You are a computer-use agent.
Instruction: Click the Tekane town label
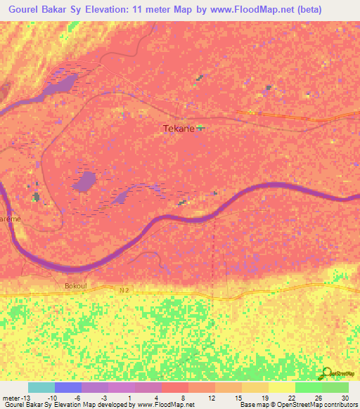[177, 128]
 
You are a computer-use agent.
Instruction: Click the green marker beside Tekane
[200, 128]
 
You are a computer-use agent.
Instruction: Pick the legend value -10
[52, 396]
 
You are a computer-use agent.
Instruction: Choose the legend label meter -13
[15, 396]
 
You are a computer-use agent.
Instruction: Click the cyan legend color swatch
[41, 387]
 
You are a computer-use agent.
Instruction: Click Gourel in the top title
[21, 9]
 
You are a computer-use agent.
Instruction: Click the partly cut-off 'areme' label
[11, 219]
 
